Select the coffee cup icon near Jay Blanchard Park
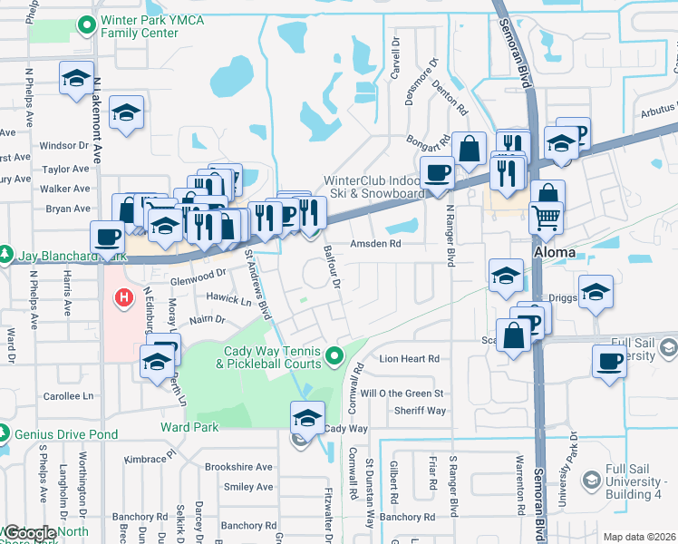tap(108, 238)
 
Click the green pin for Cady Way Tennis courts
tap(336, 355)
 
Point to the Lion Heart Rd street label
tap(409, 359)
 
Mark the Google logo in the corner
tap(30, 534)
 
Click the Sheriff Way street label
tap(420, 411)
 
